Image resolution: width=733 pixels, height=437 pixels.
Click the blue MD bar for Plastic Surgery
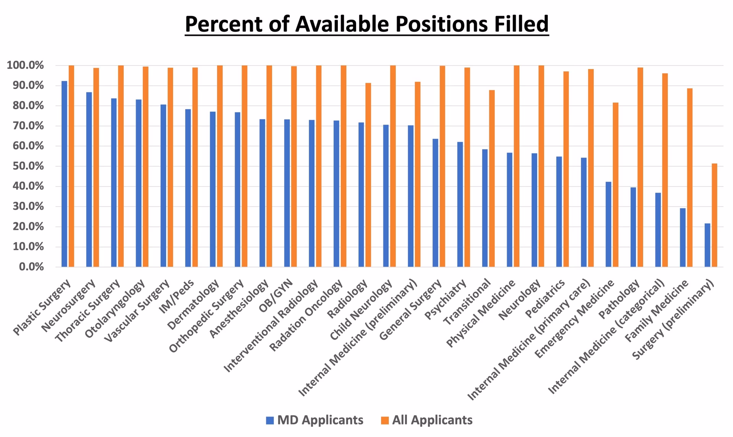coord(64,174)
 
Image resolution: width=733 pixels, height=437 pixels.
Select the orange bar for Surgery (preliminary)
coord(714,215)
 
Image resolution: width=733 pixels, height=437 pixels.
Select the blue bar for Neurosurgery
coord(89,179)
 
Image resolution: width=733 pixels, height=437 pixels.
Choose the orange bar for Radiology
coord(368,175)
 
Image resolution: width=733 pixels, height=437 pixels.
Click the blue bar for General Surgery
coord(435,203)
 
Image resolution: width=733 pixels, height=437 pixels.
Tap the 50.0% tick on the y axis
coord(25,166)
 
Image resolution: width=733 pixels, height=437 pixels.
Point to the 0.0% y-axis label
coord(31,267)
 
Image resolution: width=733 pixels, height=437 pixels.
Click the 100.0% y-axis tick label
coord(25,66)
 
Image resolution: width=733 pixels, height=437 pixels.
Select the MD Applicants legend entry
coord(315,420)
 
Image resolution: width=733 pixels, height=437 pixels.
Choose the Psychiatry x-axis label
coord(446,299)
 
